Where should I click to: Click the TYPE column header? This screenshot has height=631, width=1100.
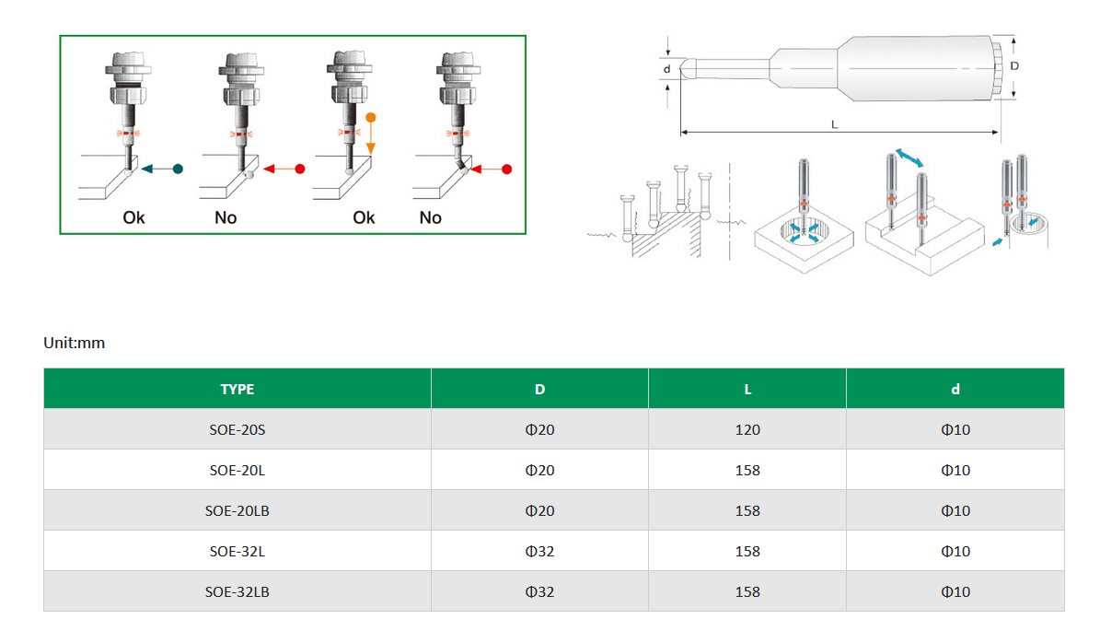[237, 389]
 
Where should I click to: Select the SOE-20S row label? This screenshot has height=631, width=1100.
[237, 429]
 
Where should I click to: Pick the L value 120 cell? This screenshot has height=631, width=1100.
[747, 429]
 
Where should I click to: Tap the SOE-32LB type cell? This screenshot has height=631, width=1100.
[237, 591]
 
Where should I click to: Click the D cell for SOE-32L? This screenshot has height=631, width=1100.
[539, 552]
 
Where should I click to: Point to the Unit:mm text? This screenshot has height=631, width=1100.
[75, 343]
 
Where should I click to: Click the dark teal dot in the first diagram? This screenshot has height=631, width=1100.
[179, 169]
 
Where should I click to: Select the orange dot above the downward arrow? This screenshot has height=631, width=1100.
[371, 117]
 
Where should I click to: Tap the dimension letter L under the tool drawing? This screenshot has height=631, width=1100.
[834, 124]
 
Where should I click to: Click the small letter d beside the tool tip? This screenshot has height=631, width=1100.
[667, 69]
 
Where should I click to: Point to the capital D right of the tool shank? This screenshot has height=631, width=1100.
[1014, 66]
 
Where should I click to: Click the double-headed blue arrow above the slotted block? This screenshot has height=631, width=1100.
[909, 158]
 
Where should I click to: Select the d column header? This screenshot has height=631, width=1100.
[955, 389]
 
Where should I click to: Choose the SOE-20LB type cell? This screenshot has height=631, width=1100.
[237, 511]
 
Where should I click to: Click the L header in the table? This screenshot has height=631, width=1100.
[747, 389]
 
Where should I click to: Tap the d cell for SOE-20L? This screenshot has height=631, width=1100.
[955, 471]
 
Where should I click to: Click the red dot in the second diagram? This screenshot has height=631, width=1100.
[300, 169]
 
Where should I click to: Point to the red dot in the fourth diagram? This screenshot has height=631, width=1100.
[506, 169]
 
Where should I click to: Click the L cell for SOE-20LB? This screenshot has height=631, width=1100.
[747, 511]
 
